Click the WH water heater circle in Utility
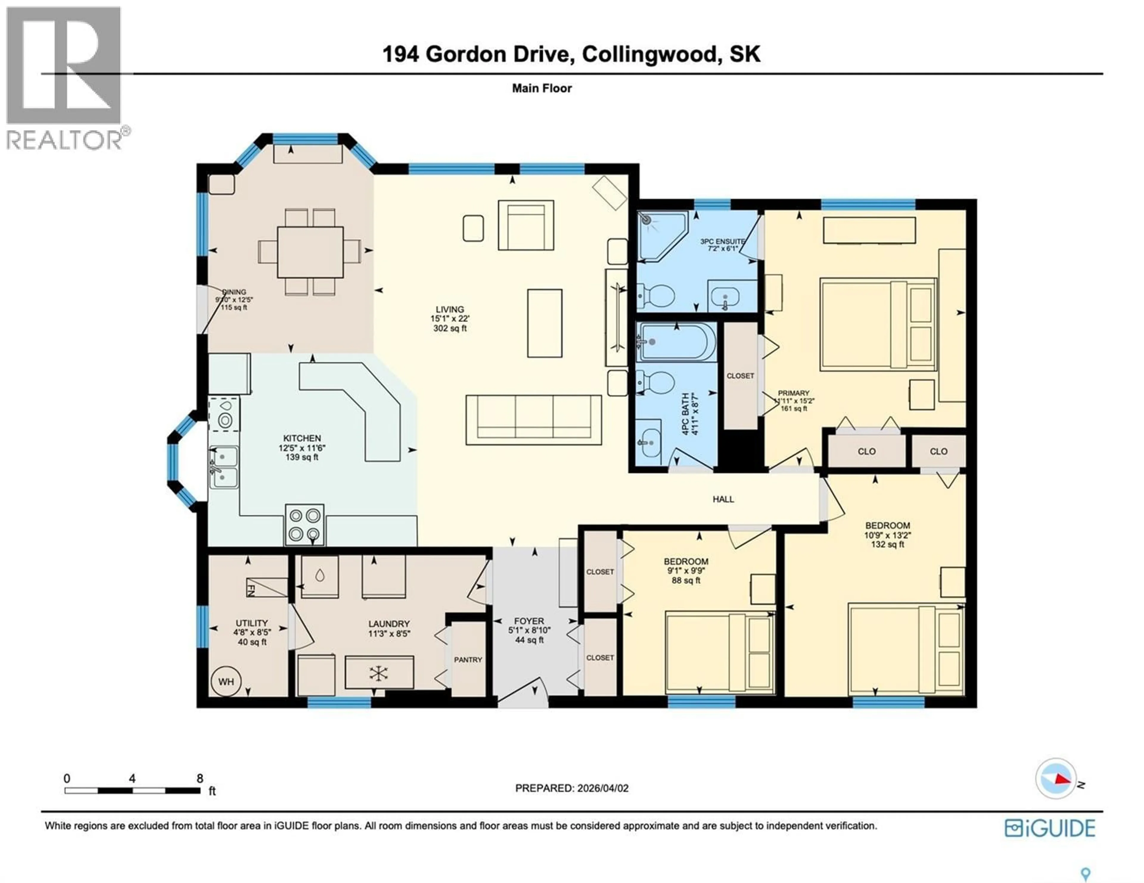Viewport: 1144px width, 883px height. click(226, 682)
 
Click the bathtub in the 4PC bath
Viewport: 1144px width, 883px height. click(676, 342)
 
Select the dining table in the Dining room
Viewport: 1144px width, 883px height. click(310, 252)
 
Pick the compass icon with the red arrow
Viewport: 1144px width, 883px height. click(1056, 793)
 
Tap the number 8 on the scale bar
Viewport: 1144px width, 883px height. click(200, 778)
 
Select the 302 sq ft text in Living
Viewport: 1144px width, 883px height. click(450, 328)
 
